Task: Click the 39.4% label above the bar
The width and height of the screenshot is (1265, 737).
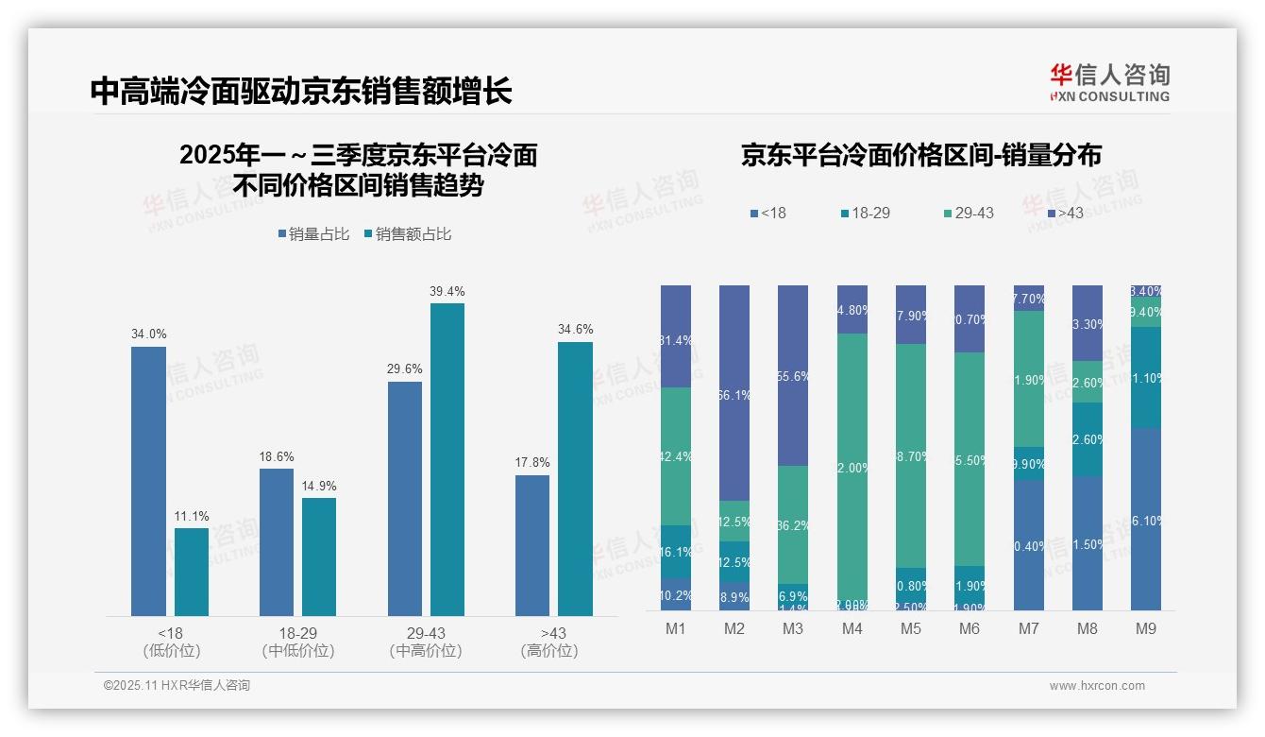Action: tap(447, 291)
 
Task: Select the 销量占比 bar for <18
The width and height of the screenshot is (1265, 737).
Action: tap(148, 481)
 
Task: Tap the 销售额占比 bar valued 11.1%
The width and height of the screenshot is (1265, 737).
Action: tap(192, 572)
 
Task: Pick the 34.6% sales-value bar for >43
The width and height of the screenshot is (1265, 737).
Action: tap(575, 479)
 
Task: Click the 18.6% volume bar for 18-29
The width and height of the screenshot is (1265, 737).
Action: tap(277, 542)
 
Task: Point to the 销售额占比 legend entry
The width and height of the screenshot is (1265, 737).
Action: tap(407, 234)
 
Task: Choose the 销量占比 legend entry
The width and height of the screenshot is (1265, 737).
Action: tap(318, 234)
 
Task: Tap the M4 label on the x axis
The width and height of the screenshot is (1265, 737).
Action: tap(852, 628)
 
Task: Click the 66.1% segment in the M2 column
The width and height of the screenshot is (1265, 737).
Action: tap(734, 393)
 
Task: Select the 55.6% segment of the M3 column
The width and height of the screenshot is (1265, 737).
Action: tap(793, 375)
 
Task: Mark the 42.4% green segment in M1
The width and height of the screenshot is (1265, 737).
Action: tap(676, 456)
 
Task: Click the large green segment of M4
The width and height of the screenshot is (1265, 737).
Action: tap(852, 467)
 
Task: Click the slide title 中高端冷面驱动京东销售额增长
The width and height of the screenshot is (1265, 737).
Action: tap(301, 91)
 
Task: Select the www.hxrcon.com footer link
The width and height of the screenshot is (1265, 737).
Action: tap(1097, 686)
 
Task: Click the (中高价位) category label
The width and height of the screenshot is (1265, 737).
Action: tap(425, 651)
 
